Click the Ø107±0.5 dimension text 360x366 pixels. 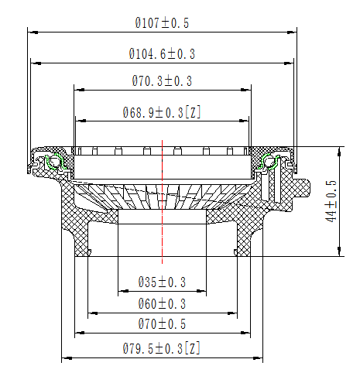[x=162, y=23]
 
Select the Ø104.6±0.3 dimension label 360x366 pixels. [x=162, y=54]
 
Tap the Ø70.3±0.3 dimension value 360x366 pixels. [x=162, y=80]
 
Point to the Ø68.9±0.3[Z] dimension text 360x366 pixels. [x=162, y=112]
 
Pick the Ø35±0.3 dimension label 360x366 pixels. [x=162, y=282]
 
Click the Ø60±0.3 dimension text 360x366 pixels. [x=162, y=303]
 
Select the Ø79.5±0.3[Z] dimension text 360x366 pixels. [x=161, y=348]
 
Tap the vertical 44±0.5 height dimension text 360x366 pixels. [x=331, y=200]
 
